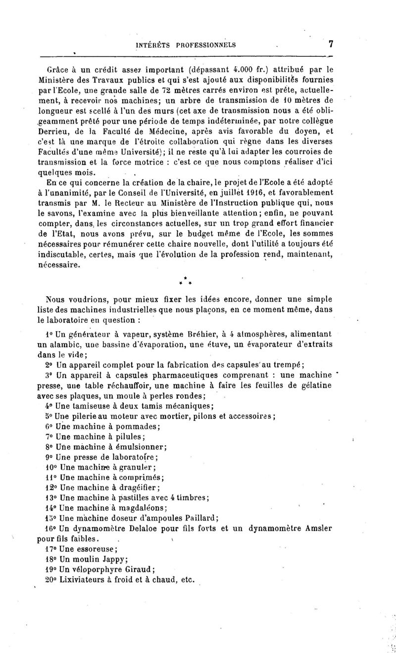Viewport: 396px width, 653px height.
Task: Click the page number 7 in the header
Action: click(330, 44)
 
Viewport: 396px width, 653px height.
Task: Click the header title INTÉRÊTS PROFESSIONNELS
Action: click(186, 45)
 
